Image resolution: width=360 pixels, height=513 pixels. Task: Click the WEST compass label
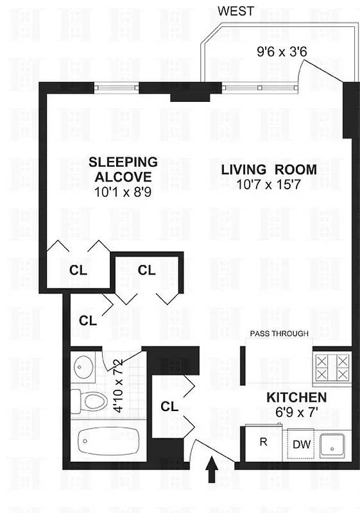tap(236, 11)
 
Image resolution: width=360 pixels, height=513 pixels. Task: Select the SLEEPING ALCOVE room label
tap(123, 169)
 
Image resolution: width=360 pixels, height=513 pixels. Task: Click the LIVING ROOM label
tap(269, 170)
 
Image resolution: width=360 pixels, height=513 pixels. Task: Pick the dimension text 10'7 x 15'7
tap(269, 186)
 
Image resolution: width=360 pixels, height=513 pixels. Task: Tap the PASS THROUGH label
tap(279, 333)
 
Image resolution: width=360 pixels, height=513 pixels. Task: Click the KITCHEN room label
tap(296, 398)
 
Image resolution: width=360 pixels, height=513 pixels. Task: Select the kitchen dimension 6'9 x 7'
tap(296, 412)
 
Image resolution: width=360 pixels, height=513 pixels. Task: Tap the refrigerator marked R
tap(263, 442)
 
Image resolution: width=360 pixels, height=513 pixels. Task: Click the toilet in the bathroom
tap(92, 401)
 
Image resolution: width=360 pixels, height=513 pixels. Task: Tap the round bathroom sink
tap(83, 367)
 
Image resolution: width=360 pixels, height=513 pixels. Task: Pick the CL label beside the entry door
tap(169, 406)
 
